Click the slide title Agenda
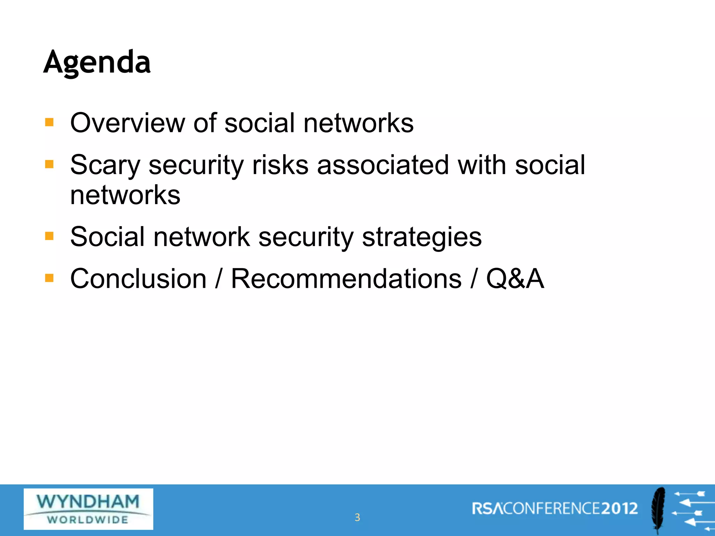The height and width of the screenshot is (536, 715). [97, 63]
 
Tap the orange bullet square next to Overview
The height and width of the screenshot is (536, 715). [49, 122]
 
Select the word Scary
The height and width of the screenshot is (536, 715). [105, 165]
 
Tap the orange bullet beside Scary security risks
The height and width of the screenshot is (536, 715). [49, 164]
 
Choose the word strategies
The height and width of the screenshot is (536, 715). [422, 237]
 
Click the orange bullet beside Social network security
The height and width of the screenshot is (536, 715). [49, 237]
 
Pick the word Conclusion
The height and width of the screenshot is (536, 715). [138, 279]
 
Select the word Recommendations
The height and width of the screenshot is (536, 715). [346, 279]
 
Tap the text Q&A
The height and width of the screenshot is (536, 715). [515, 279]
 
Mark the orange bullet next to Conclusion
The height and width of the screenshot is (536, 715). [49, 278]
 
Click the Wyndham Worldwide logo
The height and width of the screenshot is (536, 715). [88, 509]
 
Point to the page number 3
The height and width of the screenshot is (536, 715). [357, 518]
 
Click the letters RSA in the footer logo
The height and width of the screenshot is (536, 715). [487, 509]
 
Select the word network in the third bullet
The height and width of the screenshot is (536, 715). [201, 237]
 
